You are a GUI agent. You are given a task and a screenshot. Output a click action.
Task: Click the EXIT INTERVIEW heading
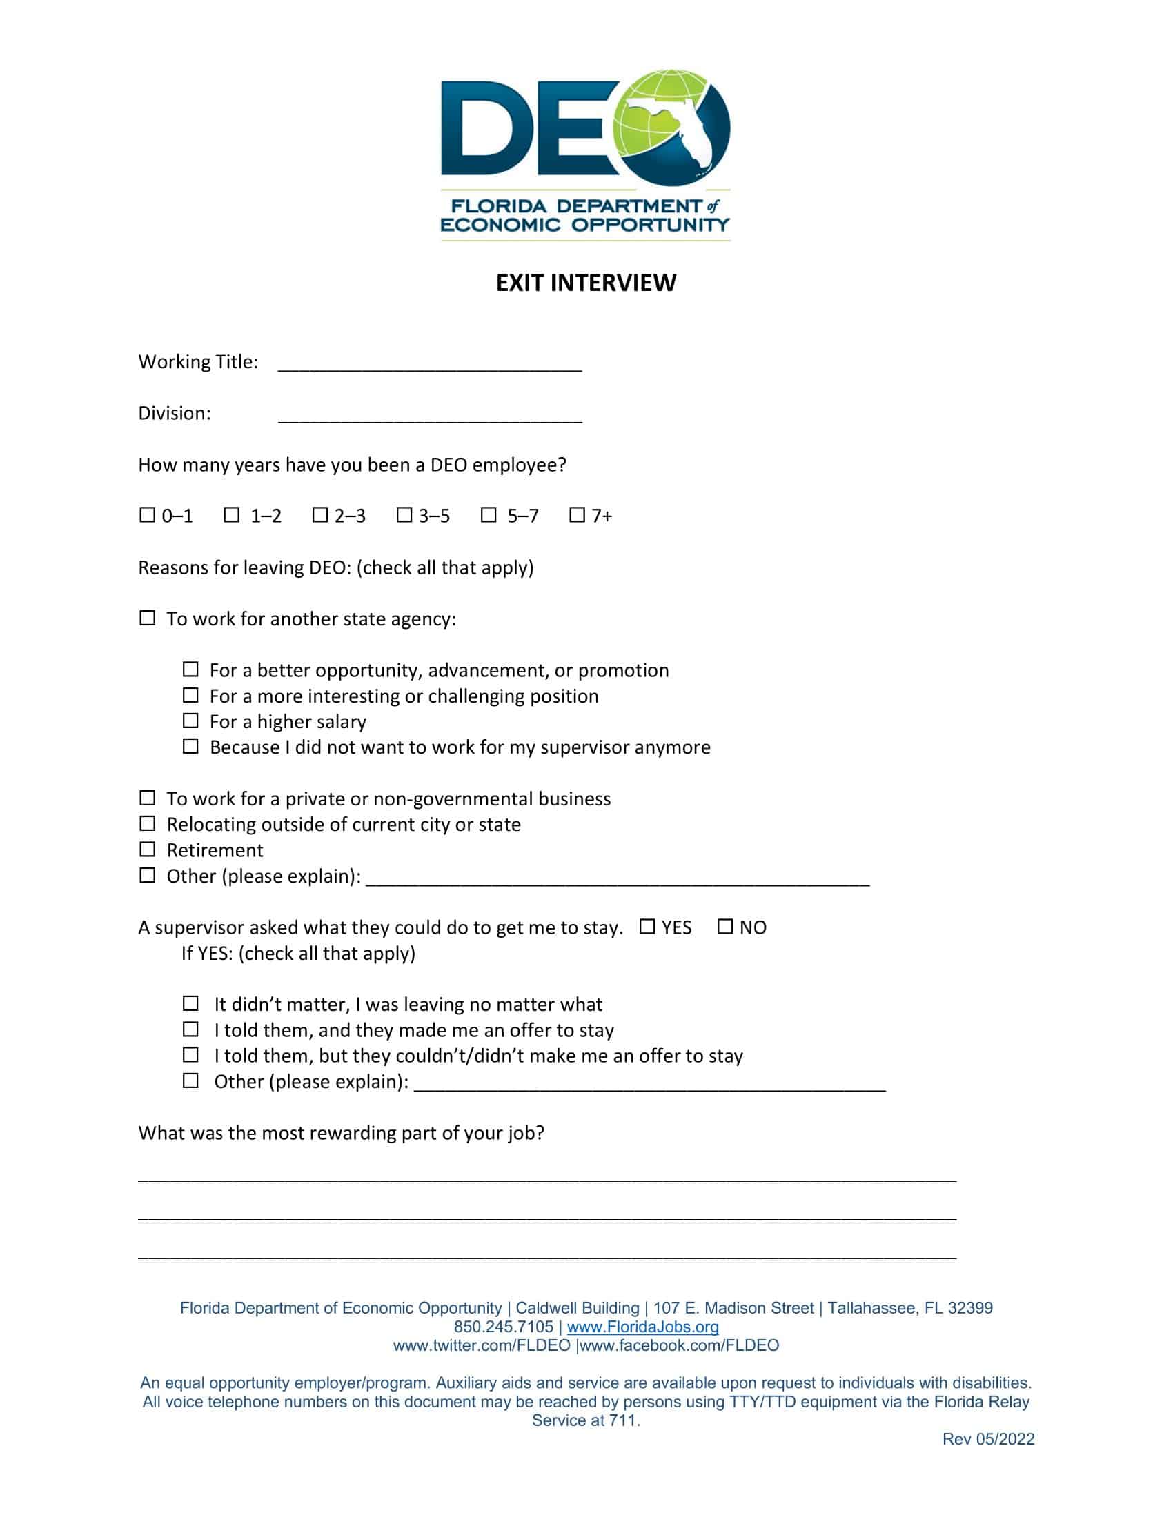[x=585, y=283]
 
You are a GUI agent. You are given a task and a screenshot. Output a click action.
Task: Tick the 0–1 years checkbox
[x=148, y=514]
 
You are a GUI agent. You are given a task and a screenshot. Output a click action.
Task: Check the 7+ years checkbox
[x=577, y=514]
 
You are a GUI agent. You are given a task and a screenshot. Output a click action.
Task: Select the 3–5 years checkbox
[x=404, y=514]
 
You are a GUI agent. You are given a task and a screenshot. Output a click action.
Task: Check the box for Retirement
[x=148, y=849]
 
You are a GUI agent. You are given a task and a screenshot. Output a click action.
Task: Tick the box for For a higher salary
[x=190, y=721]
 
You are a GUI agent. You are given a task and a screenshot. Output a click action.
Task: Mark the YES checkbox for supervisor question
[x=647, y=926]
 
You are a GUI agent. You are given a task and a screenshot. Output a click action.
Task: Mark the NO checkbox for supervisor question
[x=724, y=926]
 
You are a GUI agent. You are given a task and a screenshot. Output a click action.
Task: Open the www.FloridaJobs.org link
[x=642, y=1327]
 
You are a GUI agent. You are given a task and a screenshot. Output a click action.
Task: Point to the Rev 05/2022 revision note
[x=987, y=1438]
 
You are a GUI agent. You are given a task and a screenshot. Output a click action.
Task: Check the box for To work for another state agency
[x=148, y=618]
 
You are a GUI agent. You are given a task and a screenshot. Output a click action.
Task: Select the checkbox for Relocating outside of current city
[x=148, y=823]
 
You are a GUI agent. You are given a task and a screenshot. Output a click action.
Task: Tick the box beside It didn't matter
[x=190, y=1003]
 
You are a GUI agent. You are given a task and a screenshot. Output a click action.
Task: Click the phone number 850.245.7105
[x=503, y=1327]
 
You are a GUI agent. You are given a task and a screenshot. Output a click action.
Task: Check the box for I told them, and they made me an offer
[x=190, y=1029]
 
